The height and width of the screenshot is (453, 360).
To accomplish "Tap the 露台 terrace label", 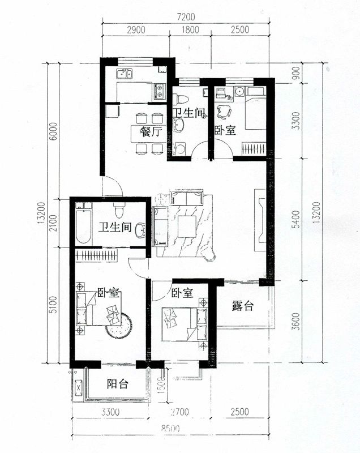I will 243,307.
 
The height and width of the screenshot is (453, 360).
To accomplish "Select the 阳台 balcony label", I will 118,384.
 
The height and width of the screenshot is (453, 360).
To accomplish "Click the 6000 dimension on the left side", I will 53,131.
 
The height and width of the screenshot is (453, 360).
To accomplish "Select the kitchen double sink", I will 123,73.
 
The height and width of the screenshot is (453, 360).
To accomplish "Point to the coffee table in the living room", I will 186,228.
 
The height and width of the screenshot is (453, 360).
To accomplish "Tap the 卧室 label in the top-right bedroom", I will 225,130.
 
